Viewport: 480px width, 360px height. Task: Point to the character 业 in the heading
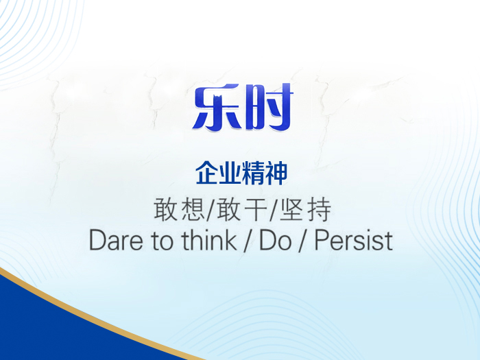coord(229,173)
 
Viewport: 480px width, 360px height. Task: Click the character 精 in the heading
coord(252,173)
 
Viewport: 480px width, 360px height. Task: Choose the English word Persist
coord(353,241)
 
